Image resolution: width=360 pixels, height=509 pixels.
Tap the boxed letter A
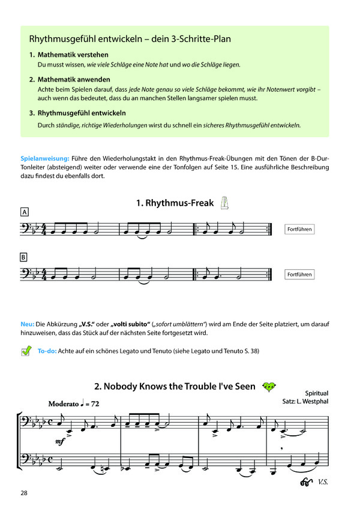click(x=24, y=212)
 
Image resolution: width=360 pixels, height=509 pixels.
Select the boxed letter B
click(x=24, y=257)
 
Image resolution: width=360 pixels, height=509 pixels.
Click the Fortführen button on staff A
click(x=300, y=230)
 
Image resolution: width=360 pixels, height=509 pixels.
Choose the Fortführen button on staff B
click(x=300, y=275)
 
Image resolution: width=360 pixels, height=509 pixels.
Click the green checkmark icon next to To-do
click(x=26, y=351)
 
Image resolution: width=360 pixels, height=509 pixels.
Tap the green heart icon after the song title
click(x=270, y=387)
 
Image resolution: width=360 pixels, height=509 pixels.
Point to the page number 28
click(x=23, y=493)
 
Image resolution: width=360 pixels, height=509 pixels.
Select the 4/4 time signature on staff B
click(x=44, y=275)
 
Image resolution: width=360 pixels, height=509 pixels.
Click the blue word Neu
click(x=26, y=324)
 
